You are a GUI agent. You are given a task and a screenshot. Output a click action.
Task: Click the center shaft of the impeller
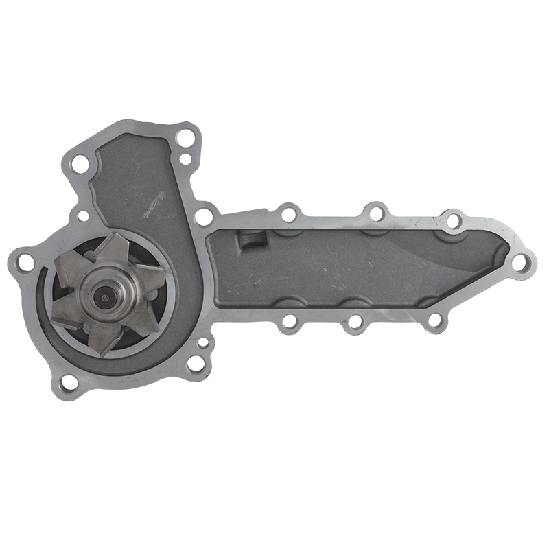click(103, 296)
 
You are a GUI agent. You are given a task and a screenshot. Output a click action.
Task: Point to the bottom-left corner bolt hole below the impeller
click(69, 382)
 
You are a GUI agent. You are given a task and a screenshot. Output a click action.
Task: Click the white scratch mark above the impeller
click(155, 203)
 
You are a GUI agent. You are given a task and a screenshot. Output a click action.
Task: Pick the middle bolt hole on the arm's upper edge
click(375, 214)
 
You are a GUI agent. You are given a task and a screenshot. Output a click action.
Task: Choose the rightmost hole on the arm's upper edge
click(454, 220)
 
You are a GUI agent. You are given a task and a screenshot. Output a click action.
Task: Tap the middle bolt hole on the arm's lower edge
click(355, 320)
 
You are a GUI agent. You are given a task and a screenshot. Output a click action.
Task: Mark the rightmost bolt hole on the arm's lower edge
click(433, 320)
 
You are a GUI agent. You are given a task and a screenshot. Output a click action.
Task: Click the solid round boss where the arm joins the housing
click(203, 218)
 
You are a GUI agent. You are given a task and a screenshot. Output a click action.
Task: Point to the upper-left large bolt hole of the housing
click(80, 163)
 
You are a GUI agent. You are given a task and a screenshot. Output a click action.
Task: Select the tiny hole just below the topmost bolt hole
click(184, 159)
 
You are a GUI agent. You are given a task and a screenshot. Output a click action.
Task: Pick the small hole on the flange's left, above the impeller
click(82, 215)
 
